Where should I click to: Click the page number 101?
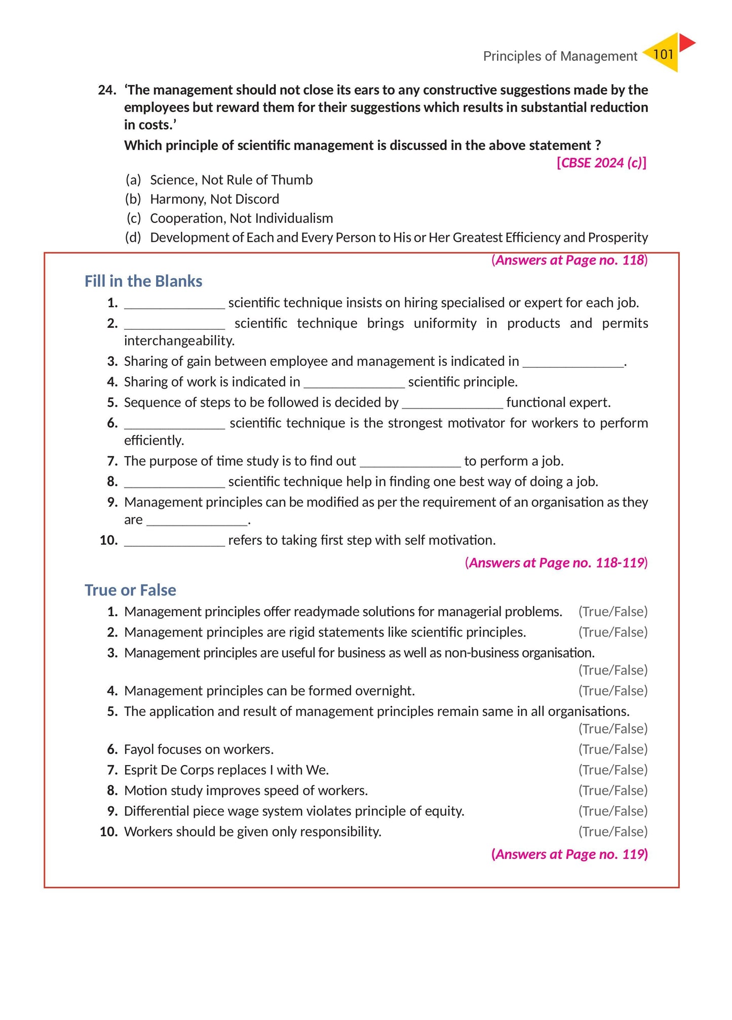pos(663,54)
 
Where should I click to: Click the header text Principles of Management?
pos(560,56)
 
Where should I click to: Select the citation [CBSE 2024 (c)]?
pos(601,163)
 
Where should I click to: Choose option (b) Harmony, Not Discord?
pos(214,199)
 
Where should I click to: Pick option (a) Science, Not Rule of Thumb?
pos(231,180)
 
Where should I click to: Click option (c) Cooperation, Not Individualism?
pos(241,218)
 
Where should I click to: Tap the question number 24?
pos(107,90)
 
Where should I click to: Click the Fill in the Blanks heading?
pos(143,281)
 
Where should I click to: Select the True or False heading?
pos(130,590)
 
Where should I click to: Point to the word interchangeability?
pos(179,341)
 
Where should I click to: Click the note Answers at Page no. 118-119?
pos(556,563)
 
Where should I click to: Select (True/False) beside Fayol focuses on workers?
pos(613,749)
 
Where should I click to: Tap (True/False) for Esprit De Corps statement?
pos(613,770)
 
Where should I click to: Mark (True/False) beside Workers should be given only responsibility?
pos(613,832)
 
